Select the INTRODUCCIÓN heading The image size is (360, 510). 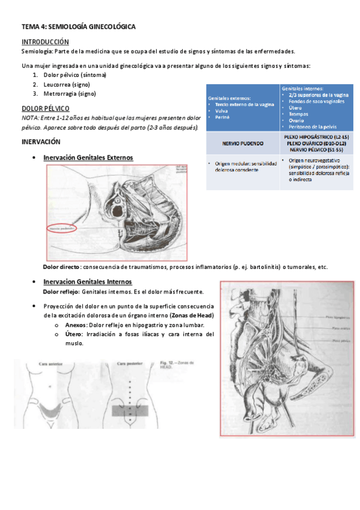(45, 41)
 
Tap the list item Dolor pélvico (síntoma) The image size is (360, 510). (75, 76)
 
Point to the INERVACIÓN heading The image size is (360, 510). (41, 142)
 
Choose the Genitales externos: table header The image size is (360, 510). (230, 98)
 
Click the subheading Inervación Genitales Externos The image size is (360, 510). (88, 158)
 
